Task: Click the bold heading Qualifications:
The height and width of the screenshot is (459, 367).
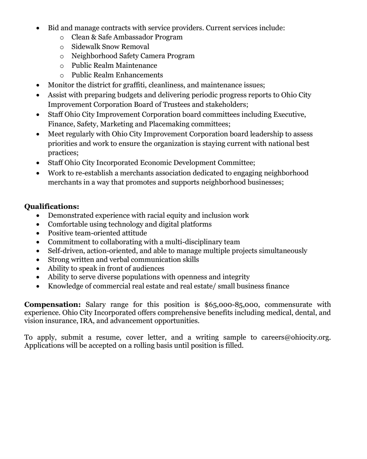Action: click(x=52, y=207)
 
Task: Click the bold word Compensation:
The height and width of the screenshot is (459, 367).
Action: click(x=52, y=305)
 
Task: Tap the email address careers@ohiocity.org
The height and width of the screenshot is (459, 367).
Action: click(x=296, y=337)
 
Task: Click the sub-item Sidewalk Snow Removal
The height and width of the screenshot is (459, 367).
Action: click(x=110, y=46)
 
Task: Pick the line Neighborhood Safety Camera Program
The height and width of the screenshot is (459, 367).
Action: click(x=133, y=56)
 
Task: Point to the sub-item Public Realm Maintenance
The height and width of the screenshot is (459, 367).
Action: click(x=114, y=66)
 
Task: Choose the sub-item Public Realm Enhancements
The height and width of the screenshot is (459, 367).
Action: click(x=117, y=75)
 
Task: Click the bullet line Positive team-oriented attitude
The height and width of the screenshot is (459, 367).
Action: click(x=97, y=233)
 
